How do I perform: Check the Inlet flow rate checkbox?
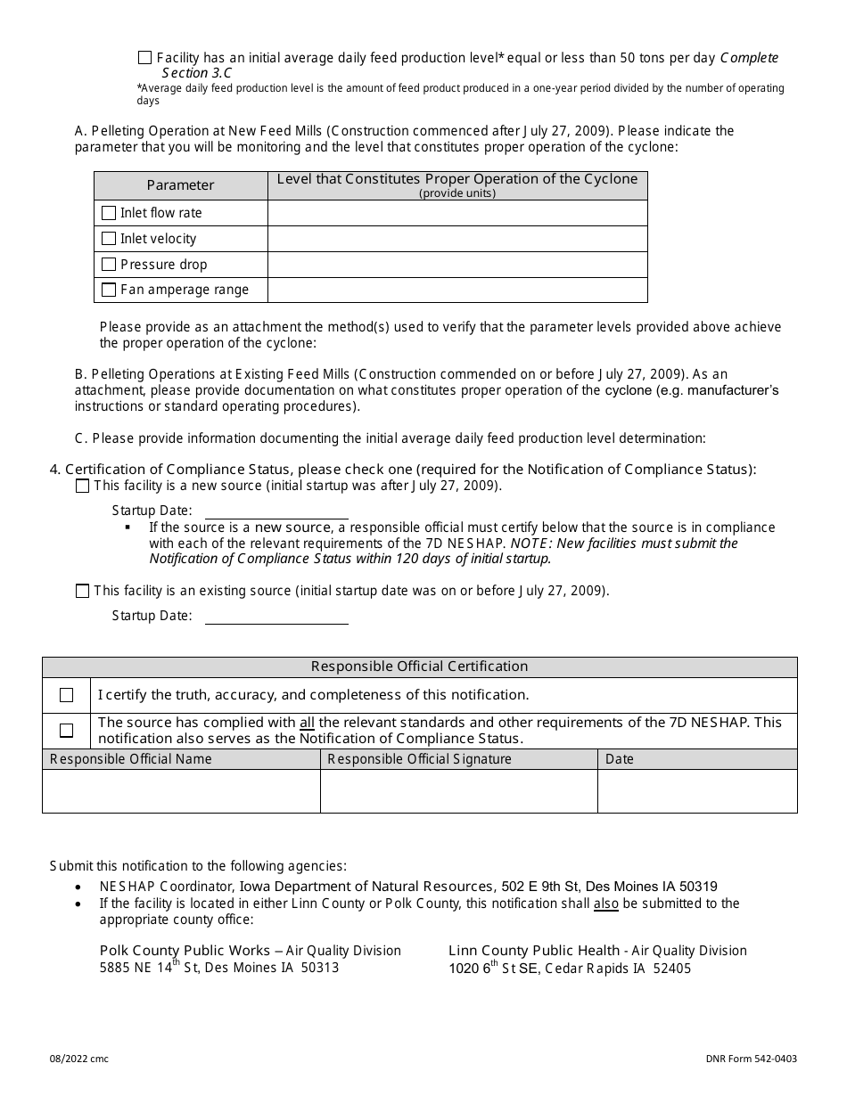[x=109, y=213]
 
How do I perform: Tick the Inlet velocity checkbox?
[x=109, y=239]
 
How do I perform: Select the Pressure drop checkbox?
[x=109, y=265]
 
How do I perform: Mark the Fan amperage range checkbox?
[x=109, y=290]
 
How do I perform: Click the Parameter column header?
[x=180, y=185]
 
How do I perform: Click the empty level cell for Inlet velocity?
[x=457, y=239]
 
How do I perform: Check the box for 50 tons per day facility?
[x=144, y=58]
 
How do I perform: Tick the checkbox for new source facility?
[x=83, y=486]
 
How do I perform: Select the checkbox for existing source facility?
[x=83, y=591]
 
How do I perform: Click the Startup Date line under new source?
[x=276, y=511]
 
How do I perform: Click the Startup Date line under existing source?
[x=276, y=617]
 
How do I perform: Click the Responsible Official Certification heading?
[x=419, y=667]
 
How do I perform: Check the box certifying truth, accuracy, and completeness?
[x=66, y=695]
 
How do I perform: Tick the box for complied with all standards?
[x=66, y=731]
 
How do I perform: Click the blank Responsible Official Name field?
[x=181, y=791]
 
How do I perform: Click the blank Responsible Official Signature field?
[x=458, y=791]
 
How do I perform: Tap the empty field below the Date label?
[x=697, y=791]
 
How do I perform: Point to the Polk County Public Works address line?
[x=219, y=968]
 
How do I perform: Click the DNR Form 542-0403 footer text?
[x=751, y=1059]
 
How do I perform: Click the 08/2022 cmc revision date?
[x=79, y=1059]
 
